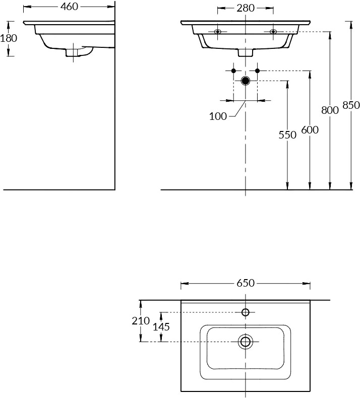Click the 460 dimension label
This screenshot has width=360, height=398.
[x=69, y=7]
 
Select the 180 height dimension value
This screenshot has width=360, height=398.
[x=9, y=38]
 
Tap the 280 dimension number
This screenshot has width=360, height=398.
[x=246, y=8]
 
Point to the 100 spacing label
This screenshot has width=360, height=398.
[x=218, y=116]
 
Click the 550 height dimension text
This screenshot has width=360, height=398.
[x=287, y=135]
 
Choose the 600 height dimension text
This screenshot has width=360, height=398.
[x=310, y=129]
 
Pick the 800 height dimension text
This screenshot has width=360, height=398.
[x=330, y=110]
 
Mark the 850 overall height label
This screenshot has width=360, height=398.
[x=351, y=105]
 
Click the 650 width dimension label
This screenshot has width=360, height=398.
[x=246, y=283]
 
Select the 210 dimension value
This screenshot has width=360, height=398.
[x=141, y=321]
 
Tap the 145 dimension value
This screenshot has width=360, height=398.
[x=161, y=326]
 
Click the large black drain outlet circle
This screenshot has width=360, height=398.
[x=246, y=81]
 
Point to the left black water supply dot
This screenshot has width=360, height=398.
[x=234, y=71]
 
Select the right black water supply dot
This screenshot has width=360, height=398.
[x=257, y=71]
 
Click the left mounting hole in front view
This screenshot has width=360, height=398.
[x=217, y=32]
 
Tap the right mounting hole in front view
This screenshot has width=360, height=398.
[x=273, y=32]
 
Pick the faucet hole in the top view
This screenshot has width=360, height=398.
[x=246, y=312]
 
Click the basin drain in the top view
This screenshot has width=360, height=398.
[x=246, y=342]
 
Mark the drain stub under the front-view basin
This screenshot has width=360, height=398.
[x=246, y=52]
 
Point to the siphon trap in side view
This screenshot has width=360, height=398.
[x=79, y=51]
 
